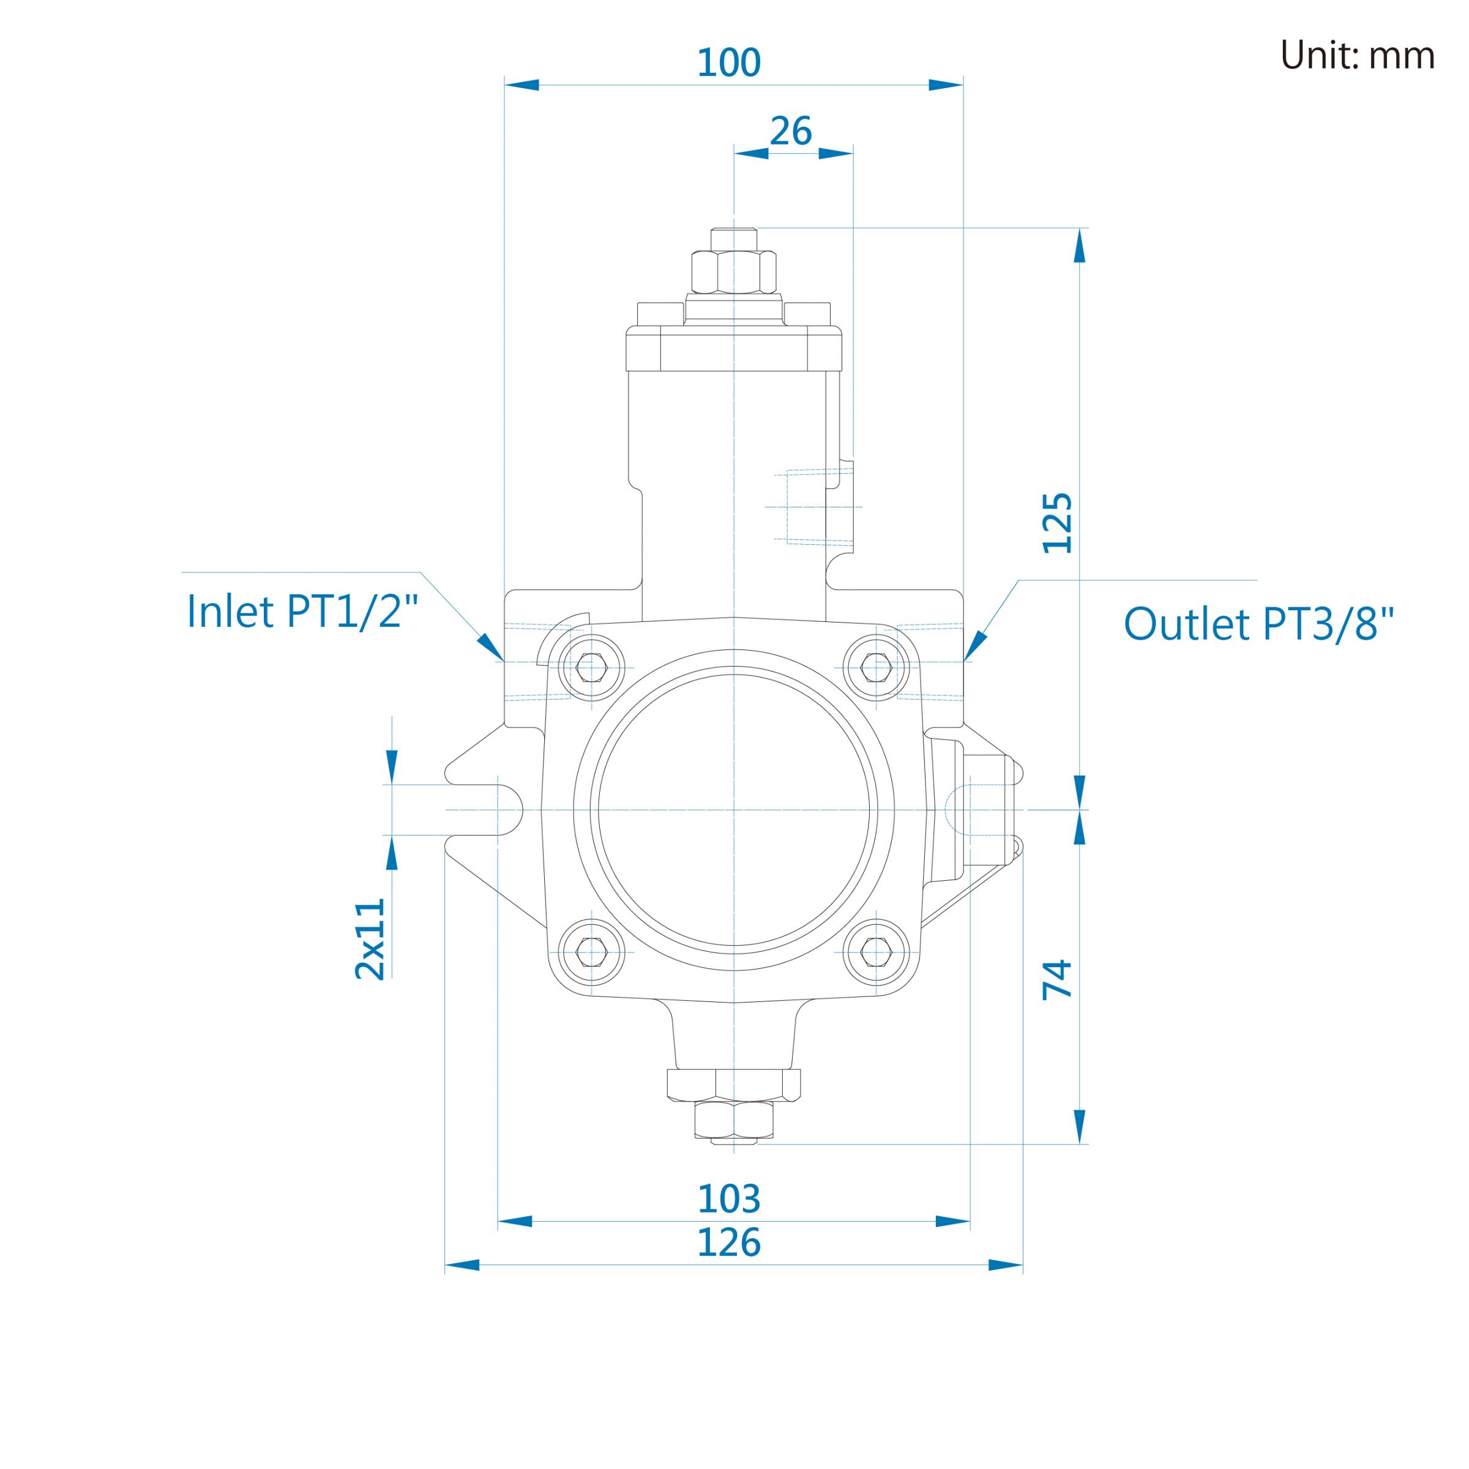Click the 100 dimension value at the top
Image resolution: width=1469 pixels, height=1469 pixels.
tap(728, 62)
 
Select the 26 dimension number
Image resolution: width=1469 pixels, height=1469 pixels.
tap(791, 132)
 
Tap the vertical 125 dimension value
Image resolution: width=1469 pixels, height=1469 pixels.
tap(1058, 523)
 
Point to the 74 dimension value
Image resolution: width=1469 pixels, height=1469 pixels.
tap(1058, 979)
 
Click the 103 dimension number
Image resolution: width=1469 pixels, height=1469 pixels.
tap(728, 1199)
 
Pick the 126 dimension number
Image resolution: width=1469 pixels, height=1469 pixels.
tap(728, 1243)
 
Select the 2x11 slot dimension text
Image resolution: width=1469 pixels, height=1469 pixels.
tap(371, 938)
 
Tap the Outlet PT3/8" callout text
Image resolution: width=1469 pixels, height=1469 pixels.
tap(1259, 624)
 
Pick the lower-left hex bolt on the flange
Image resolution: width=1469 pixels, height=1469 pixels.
tap(591, 953)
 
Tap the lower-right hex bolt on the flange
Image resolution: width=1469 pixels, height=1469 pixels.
tap(876, 953)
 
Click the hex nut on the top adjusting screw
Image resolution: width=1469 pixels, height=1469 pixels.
tap(734, 271)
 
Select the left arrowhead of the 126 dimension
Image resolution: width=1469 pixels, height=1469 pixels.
tap(462, 1265)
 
